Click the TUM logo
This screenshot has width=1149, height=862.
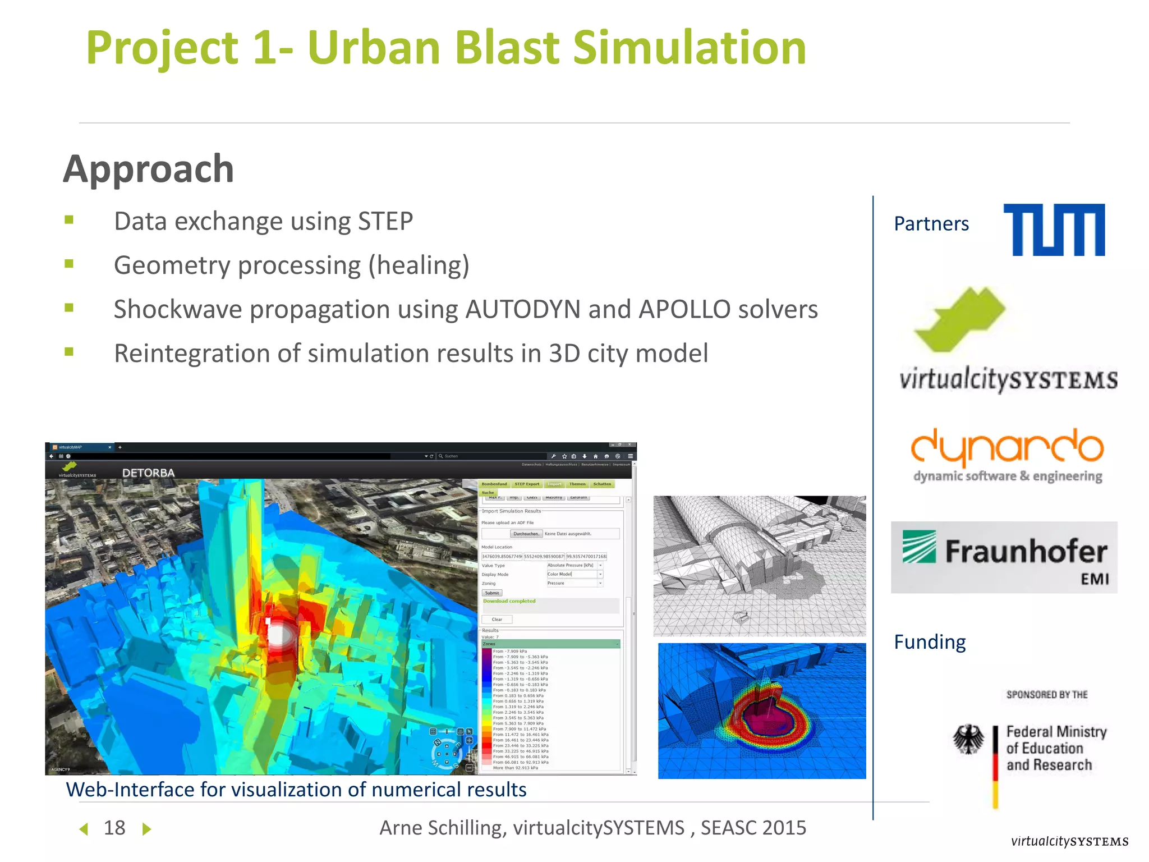tap(1054, 230)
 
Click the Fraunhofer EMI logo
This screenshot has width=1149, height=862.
tap(1004, 557)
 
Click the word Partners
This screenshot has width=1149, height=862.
tap(931, 224)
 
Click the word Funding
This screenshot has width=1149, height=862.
tap(930, 641)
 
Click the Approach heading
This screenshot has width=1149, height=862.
tap(149, 169)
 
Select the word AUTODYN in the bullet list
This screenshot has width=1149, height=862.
tap(522, 309)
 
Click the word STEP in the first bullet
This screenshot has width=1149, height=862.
tap(385, 221)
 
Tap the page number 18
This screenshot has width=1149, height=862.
tap(114, 828)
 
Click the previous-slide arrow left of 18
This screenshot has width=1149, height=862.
tap(84, 829)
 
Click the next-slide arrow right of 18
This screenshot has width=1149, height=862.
tap(146, 829)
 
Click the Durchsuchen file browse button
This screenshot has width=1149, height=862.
tap(526, 534)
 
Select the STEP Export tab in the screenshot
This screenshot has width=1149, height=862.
tap(527, 484)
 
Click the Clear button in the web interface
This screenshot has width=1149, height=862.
tap(497, 620)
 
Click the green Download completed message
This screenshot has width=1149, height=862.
tap(509, 601)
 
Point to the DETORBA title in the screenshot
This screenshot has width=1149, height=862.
tap(148, 473)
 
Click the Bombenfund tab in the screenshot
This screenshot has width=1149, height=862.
tap(494, 484)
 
